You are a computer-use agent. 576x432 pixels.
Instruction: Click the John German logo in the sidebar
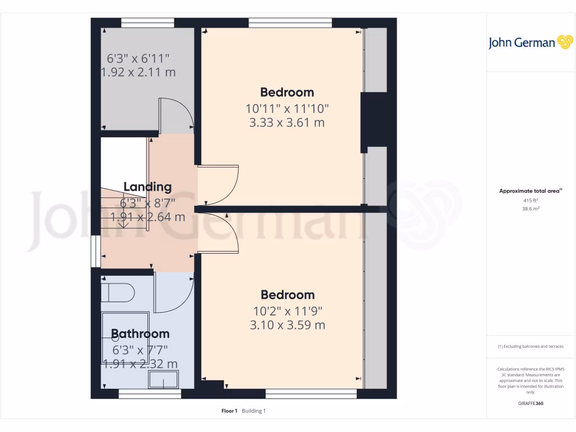[x=530, y=43]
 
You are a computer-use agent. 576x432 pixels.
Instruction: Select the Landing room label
[x=147, y=187]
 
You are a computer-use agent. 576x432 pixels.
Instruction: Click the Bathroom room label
[x=140, y=334]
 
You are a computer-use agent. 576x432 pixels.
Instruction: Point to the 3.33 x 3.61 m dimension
[x=287, y=122]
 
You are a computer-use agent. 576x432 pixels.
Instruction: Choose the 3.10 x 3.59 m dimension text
[x=287, y=325]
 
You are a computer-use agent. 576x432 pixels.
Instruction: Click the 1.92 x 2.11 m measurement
[x=138, y=72]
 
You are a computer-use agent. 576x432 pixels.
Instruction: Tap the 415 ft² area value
[x=530, y=200]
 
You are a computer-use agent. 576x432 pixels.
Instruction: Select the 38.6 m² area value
[x=530, y=209]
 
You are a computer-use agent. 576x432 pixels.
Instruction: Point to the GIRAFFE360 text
[x=530, y=403]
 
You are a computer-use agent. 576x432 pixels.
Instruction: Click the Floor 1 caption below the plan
[x=229, y=411]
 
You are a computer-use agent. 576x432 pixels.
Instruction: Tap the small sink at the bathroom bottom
[x=163, y=380]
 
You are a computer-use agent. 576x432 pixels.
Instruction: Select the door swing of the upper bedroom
[x=219, y=186]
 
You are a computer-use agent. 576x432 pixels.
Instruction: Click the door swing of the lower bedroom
[x=219, y=232]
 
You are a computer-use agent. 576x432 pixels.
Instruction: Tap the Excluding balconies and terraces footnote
[x=530, y=346]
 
